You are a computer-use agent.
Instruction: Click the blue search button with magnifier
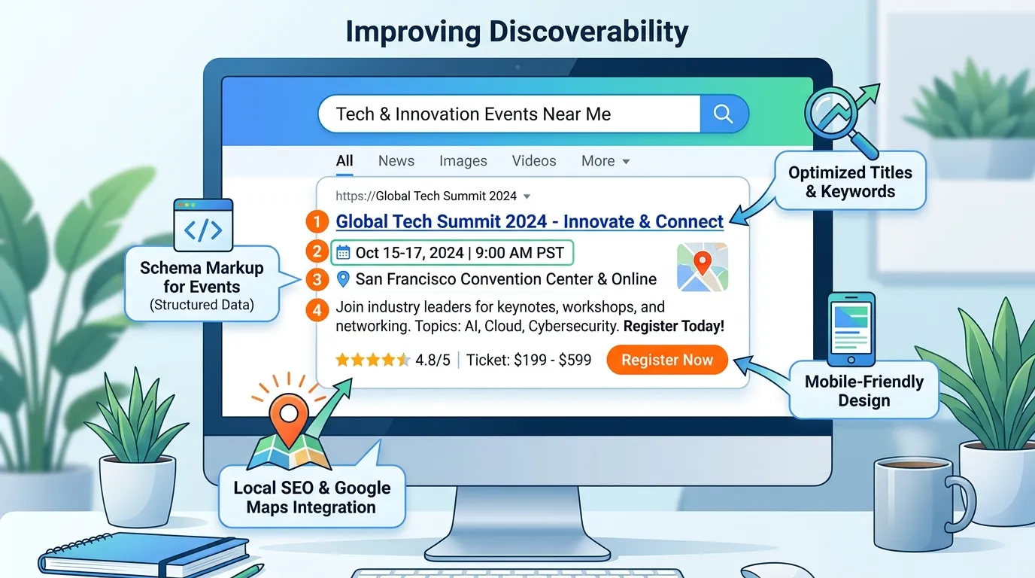[724, 114]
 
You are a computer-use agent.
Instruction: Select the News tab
[396, 161]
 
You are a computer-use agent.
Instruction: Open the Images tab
[463, 161]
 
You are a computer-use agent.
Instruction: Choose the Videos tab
[534, 161]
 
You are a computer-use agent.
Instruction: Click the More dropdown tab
[606, 161]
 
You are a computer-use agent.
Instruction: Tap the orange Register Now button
[667, 360]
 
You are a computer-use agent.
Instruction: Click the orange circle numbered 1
[317, 221]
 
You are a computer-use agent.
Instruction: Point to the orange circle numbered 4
[317, 310]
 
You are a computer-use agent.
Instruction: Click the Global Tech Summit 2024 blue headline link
[530, 222]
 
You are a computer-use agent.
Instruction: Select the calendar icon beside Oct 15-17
[343, 253]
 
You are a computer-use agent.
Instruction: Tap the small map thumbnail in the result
[703, 267]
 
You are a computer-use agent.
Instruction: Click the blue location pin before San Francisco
[343, 279]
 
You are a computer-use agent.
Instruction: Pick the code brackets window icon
[203, 225]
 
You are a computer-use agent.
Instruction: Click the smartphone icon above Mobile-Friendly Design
[851, 329]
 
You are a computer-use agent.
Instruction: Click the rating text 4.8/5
[433, 360]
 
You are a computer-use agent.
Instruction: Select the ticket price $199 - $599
[553, 360]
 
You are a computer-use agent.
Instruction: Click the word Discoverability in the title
[589, 32]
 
